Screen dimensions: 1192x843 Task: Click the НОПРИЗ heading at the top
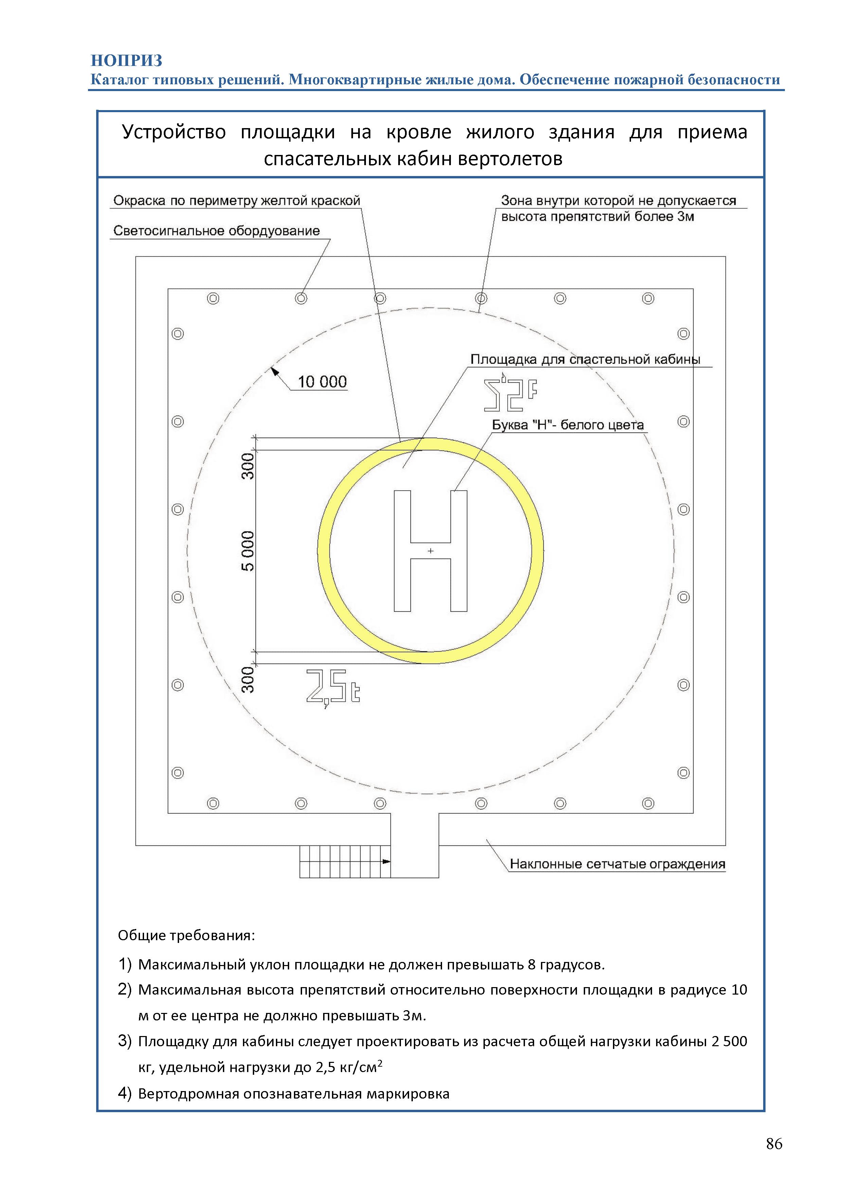click(127, 61)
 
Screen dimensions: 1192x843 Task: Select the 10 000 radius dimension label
click(322, 382)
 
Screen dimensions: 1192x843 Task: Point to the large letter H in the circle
click(430, 551)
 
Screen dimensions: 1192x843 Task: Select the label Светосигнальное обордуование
click(216, 231)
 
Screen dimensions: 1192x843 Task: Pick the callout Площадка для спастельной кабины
click(585, 359)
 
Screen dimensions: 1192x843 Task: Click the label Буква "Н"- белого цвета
click(567, 425)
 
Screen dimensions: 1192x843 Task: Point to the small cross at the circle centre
click(430, 551)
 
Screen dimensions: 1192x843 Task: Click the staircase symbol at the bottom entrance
click(345, 861)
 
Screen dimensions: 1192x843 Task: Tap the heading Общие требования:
click(186, 935)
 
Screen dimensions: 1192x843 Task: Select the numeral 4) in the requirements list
click(125, 1093)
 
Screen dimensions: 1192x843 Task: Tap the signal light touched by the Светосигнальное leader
click(301, 299)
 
